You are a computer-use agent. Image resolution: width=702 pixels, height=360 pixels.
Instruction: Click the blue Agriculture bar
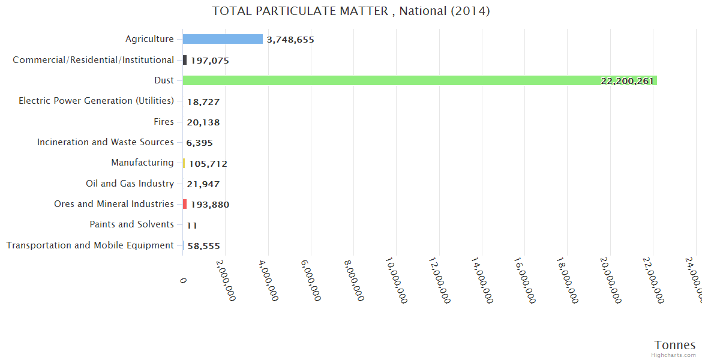coord(223,39)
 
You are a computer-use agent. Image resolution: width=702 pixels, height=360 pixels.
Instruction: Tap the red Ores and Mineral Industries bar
coord(185,204)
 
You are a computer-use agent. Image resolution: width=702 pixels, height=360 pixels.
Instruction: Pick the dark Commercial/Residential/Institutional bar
coord(185,60)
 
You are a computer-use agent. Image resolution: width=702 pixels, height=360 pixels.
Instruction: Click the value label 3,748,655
coord(290,40)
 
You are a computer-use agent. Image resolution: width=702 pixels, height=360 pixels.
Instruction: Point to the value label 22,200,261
coord(627,81)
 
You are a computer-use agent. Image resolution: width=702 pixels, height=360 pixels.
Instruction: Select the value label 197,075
coord(210,61)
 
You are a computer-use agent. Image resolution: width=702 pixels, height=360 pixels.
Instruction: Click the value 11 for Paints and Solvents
coord(192,226)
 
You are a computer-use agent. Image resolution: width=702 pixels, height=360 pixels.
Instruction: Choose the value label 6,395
coord(199,143)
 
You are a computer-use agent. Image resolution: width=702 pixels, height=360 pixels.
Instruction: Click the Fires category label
coord(164,122)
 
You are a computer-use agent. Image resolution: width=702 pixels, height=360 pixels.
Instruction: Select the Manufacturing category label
coord(143,163)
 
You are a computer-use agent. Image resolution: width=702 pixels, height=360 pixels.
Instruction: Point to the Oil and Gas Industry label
coord(130,184)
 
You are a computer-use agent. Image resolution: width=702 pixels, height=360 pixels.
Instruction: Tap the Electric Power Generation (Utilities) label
coord(97,101)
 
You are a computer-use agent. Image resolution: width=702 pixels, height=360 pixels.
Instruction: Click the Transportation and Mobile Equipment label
coord(90,245)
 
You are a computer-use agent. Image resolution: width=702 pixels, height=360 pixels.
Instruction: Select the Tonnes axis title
coord(675,345)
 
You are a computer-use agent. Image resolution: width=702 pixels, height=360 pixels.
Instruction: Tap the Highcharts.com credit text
coord(674,355)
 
